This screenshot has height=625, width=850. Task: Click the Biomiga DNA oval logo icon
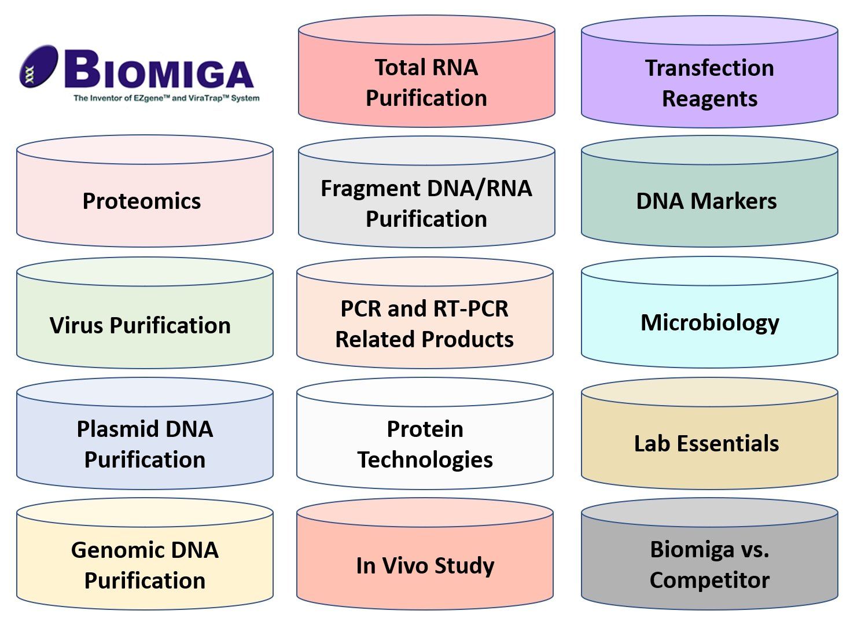tap(39, 67)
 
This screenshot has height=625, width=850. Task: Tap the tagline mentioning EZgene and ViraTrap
tap(167, 98)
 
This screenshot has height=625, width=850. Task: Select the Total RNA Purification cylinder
tap(426, 71)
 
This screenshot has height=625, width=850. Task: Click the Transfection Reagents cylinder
tap(709, 72)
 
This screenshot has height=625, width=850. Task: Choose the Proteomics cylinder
tap(145, 191)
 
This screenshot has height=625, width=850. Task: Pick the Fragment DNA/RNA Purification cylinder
tap(426, 192)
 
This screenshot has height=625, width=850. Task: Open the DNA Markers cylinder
tap(709, 191)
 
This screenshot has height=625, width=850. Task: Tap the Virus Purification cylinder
tap(145, 312)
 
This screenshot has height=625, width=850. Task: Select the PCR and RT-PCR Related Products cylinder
tap(425, 312)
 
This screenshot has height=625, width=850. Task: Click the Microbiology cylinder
tap(709, 312)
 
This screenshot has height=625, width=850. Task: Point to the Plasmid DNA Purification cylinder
tap(145, 433)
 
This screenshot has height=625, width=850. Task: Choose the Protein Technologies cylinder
tap(425, 433)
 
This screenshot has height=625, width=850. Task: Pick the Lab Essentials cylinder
tap(709, 433)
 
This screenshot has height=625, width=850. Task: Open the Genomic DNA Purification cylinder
tap(145, 554)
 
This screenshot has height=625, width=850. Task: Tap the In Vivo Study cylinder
tap(425, 554)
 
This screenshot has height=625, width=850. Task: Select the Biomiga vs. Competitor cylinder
tap(709, 554)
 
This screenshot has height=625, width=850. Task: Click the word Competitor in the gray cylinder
tap(709, 580)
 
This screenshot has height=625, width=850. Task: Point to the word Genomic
tap(113, 550)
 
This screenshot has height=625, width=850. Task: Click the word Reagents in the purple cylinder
tap(709, 100)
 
